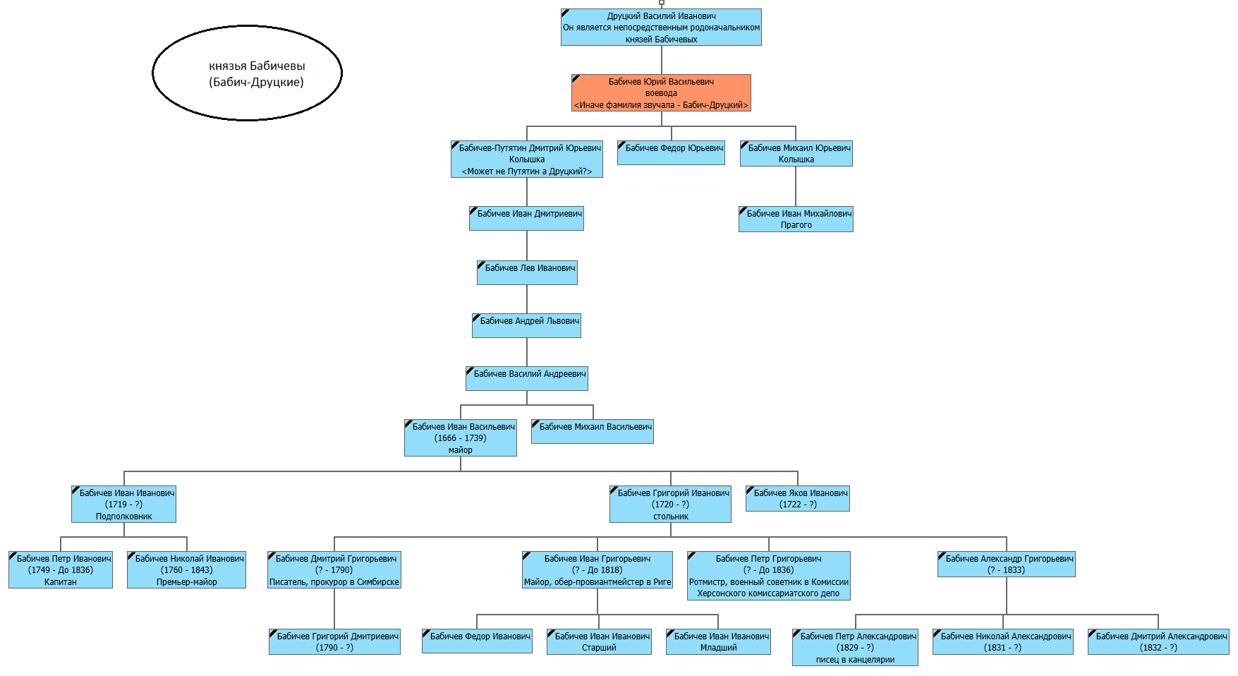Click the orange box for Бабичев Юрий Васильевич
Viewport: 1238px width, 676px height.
pyautogui.click(x=661, y=93)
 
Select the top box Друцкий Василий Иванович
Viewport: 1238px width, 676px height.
pyautogui.click(x=661, y=28)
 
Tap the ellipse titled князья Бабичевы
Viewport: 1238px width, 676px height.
pyautogui.click(x=248, y=73)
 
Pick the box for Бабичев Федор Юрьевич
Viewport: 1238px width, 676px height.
pyautogui.click(x=671, y=153)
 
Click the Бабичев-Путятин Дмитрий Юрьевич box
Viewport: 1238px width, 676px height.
pyautogui.click(x=527, y=159)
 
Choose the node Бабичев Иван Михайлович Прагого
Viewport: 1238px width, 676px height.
pyautogui.click(x=796, y=219)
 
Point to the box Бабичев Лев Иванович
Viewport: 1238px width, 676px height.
pyautogui.click(x=527, y=273)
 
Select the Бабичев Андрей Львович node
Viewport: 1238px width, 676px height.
pyautogui.click(x=526, y=326)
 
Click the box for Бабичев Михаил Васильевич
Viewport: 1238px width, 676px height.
pyautogui.click(x=593, y=432)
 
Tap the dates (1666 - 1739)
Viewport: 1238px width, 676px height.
pyautogui.click(x=461, y=438)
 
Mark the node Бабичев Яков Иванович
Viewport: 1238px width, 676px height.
pyautogui.click(x=798, y=499)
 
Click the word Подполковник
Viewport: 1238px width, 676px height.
pyautogui.click(x=124, y=517)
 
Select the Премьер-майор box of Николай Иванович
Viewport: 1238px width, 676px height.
pyautogui.click(x=186, y=570)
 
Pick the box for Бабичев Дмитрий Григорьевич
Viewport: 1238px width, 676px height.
pyautogui.click(x=334, y=570)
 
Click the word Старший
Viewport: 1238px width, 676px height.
pyautogui.click(x=599, y=648)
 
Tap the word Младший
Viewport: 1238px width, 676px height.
pyautogui.click(x=718, y=648)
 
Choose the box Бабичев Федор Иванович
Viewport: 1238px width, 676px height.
pyautogui.click(x=477, y=641)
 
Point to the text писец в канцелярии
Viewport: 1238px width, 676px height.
pyautogui.click(x=855, y=660)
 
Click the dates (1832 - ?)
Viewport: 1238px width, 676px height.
pyautogui.click(x=1158, y=648)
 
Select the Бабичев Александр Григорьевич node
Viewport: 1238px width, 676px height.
pyautogui.click(x=1007, y=565)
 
